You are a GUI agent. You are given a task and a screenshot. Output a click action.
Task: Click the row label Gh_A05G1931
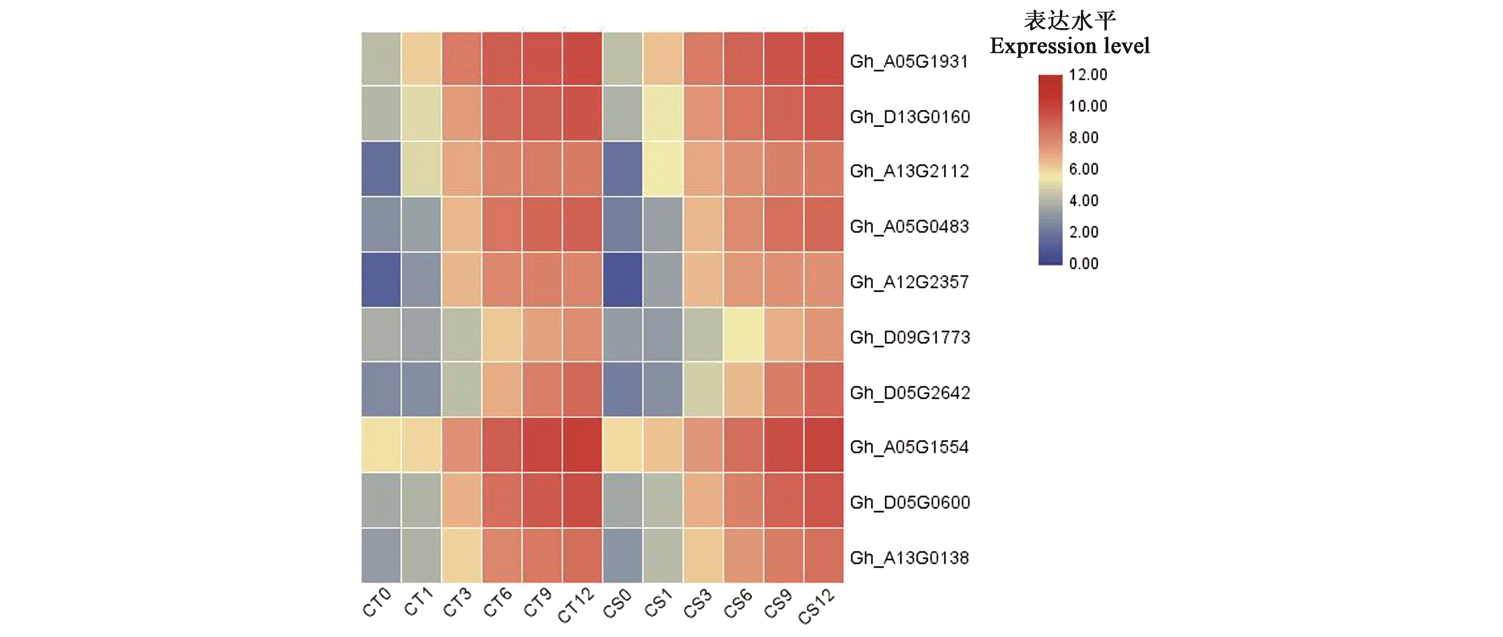[x=909, y=61]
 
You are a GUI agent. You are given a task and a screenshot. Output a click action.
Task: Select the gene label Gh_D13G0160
[x=910, y=117]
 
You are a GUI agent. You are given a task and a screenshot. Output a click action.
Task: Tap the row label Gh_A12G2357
[x=909, y=282]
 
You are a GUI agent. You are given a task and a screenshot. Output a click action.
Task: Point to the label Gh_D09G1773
[x=910, y=338]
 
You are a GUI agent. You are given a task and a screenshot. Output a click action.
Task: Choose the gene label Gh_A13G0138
[x=909, y=558]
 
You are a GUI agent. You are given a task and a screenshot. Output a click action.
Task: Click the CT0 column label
[x=376, y=603]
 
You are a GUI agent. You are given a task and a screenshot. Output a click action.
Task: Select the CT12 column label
[x=576, y=605]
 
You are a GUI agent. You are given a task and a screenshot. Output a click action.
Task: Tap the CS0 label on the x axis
[x=617, y=603]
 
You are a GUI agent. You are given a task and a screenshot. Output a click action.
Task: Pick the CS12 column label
[x=816, y=606]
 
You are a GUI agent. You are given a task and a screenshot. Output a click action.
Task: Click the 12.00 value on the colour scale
[x=1088, y=75]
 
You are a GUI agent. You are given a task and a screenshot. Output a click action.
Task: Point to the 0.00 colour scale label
[x=1083, y=264]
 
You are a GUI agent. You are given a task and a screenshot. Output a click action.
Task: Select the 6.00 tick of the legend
[x=1083, y=169]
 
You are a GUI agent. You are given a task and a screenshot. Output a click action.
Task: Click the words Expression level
[x=1070, y=46]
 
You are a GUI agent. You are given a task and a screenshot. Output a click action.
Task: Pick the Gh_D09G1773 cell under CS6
[x=743, y=335]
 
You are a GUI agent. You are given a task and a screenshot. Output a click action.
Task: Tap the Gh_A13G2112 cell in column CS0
[x=623, y=169]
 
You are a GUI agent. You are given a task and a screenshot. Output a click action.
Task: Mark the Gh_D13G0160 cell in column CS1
[x=663, y=113]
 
